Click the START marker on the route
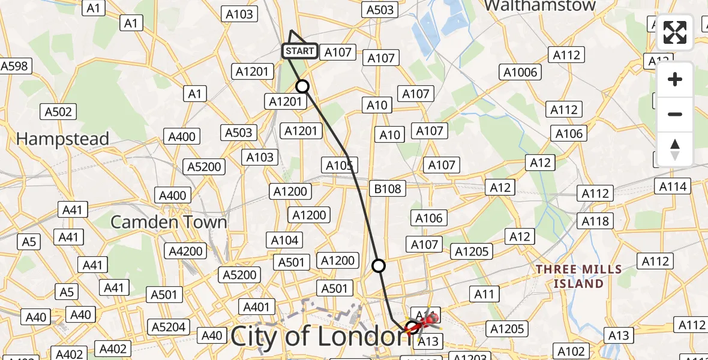click(x=299, y=51)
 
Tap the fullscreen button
click(x=675, y=32)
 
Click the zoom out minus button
click(x=675, y=114)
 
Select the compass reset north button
click(x=675, y=149)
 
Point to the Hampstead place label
click(x=62, y=139)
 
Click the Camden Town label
click(x=169, y=222)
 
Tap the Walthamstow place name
click(x=539, y=6)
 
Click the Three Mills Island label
click(x=569, y=276)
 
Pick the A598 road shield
click(x=14, y=66)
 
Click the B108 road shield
click(x=388, y=189)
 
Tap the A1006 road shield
click(x=520, y=73)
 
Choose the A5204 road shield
click(x=170, y=327)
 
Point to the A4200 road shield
click(x=185, y=251)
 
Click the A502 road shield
click(x=58, y=112)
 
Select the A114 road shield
click(x=673, y=187)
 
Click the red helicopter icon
click(x=427, y=321)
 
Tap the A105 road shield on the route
click(x=339, y=165)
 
